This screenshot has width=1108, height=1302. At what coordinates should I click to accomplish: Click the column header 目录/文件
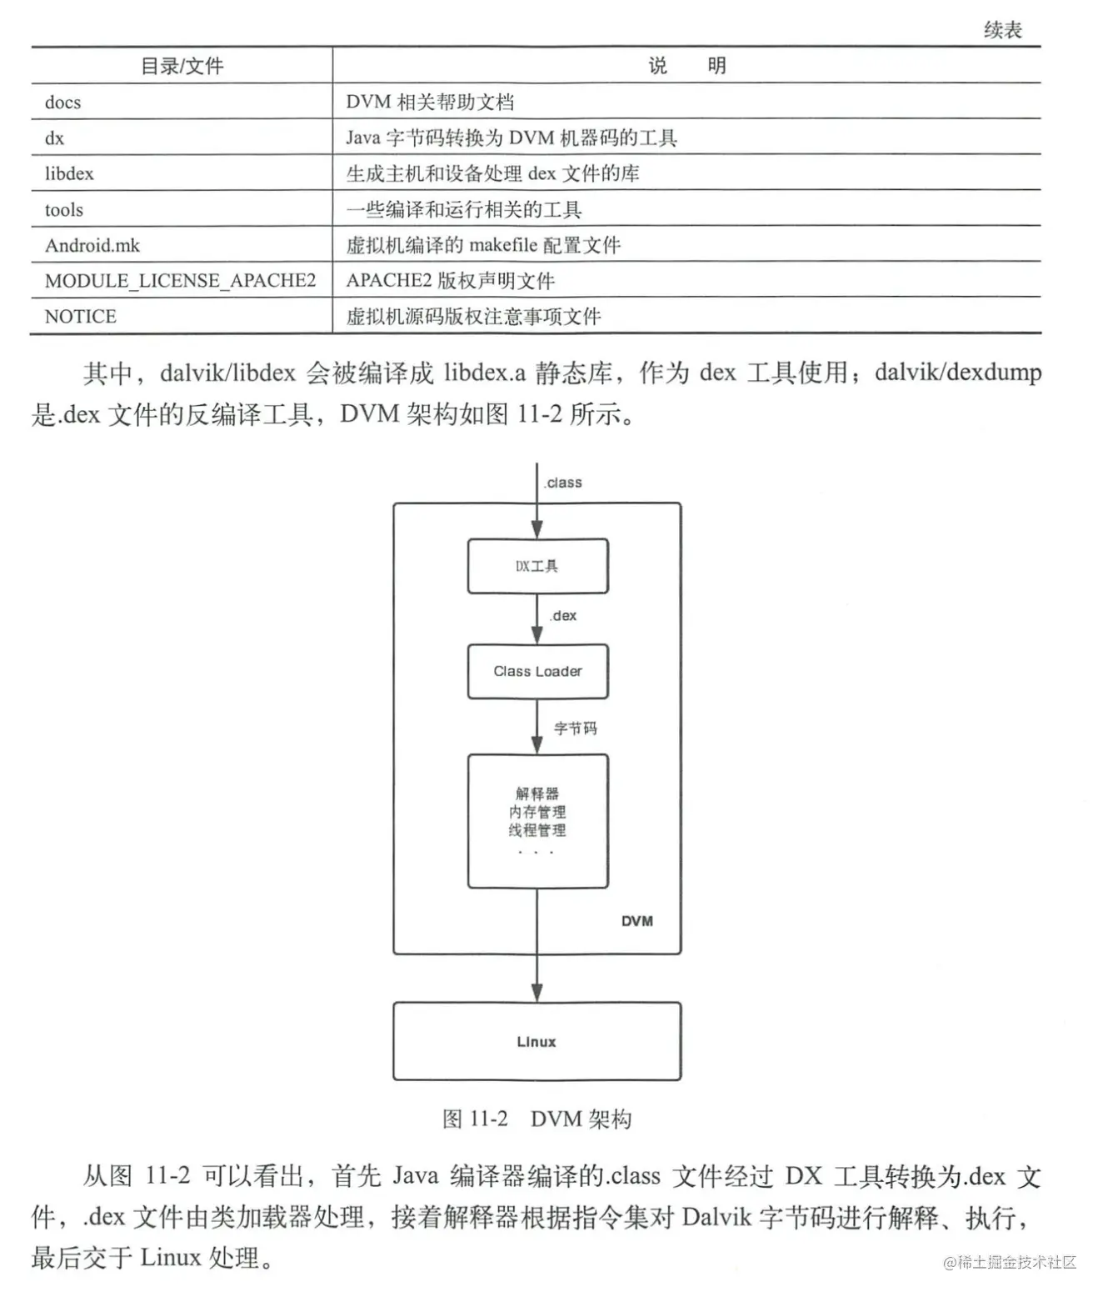(182, 66)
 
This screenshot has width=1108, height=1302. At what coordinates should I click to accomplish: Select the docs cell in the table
(63, 103)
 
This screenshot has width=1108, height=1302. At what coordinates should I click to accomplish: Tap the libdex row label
(69, 173)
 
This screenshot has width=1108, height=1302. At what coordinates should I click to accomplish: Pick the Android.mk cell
(92, 245)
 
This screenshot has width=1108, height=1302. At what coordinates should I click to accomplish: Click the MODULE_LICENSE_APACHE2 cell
(181, 281)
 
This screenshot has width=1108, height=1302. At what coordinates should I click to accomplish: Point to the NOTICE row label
(81, 317)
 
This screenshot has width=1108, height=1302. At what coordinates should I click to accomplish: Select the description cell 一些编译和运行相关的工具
(464, 209)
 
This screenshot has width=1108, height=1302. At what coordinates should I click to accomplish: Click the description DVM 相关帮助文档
(430, 103)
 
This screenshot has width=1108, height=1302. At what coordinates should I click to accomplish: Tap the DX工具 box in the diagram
(537, 566)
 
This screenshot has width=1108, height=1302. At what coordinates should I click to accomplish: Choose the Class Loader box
(537, 671)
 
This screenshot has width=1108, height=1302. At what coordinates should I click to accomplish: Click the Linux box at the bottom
(537, 1041)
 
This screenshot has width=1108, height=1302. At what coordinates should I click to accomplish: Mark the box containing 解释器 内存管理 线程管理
(537, 821)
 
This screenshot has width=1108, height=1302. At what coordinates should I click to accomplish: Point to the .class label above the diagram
(563, 483)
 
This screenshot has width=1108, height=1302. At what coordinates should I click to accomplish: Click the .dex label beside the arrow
(563, 615)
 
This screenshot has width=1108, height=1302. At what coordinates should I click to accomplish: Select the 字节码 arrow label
(576, 729)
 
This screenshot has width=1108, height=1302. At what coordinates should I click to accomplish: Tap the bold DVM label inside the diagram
(637, 921)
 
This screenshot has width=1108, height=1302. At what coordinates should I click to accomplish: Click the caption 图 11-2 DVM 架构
(537, 1119)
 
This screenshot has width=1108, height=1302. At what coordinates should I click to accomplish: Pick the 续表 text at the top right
(1002, 31)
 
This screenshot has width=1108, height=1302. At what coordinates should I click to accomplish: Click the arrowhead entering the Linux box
(537, 992)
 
